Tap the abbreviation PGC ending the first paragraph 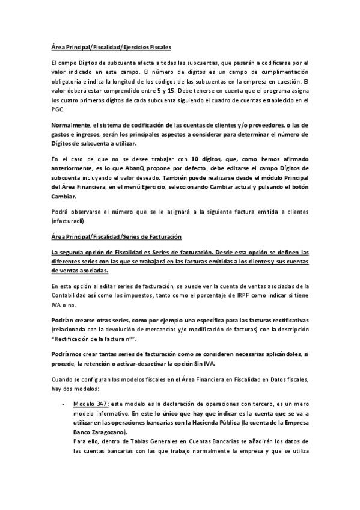[x=59, y=110]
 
